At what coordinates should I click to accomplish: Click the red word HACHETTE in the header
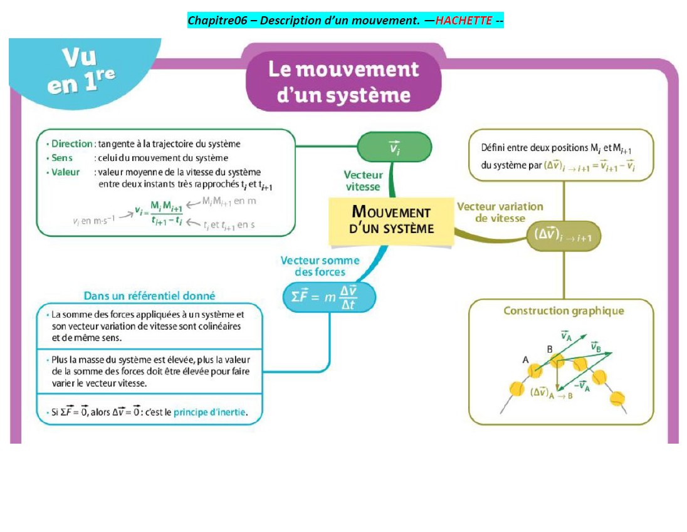pos(464,21)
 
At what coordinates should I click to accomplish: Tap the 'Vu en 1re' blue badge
pos(81,70)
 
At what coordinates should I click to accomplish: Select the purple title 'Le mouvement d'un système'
pos(343,82)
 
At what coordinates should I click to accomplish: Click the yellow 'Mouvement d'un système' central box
pos(391,221)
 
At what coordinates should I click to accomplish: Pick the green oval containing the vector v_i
pos(394,147)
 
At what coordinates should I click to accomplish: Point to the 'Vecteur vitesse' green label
pos(363,181)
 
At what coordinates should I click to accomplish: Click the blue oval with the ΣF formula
pos(329,297)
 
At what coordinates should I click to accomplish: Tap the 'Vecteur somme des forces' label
pos(320,266)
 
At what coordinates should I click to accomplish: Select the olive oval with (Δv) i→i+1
pos(563,236)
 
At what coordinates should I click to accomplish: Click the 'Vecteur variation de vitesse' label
pos(500,212)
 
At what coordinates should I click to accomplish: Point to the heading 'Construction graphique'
pos(564,311)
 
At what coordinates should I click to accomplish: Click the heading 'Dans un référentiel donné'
pos(149,296)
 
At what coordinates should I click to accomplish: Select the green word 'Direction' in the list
pos(72,143)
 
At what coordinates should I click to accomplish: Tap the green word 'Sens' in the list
pos(62,158)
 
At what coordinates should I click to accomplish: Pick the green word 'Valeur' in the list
pos(65,172)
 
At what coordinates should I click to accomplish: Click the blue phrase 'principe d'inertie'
pos(210,412)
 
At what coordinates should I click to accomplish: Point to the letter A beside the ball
pos(526,360)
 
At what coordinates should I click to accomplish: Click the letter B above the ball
pos(550,350)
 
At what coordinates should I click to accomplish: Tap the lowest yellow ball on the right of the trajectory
pos(617,399)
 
